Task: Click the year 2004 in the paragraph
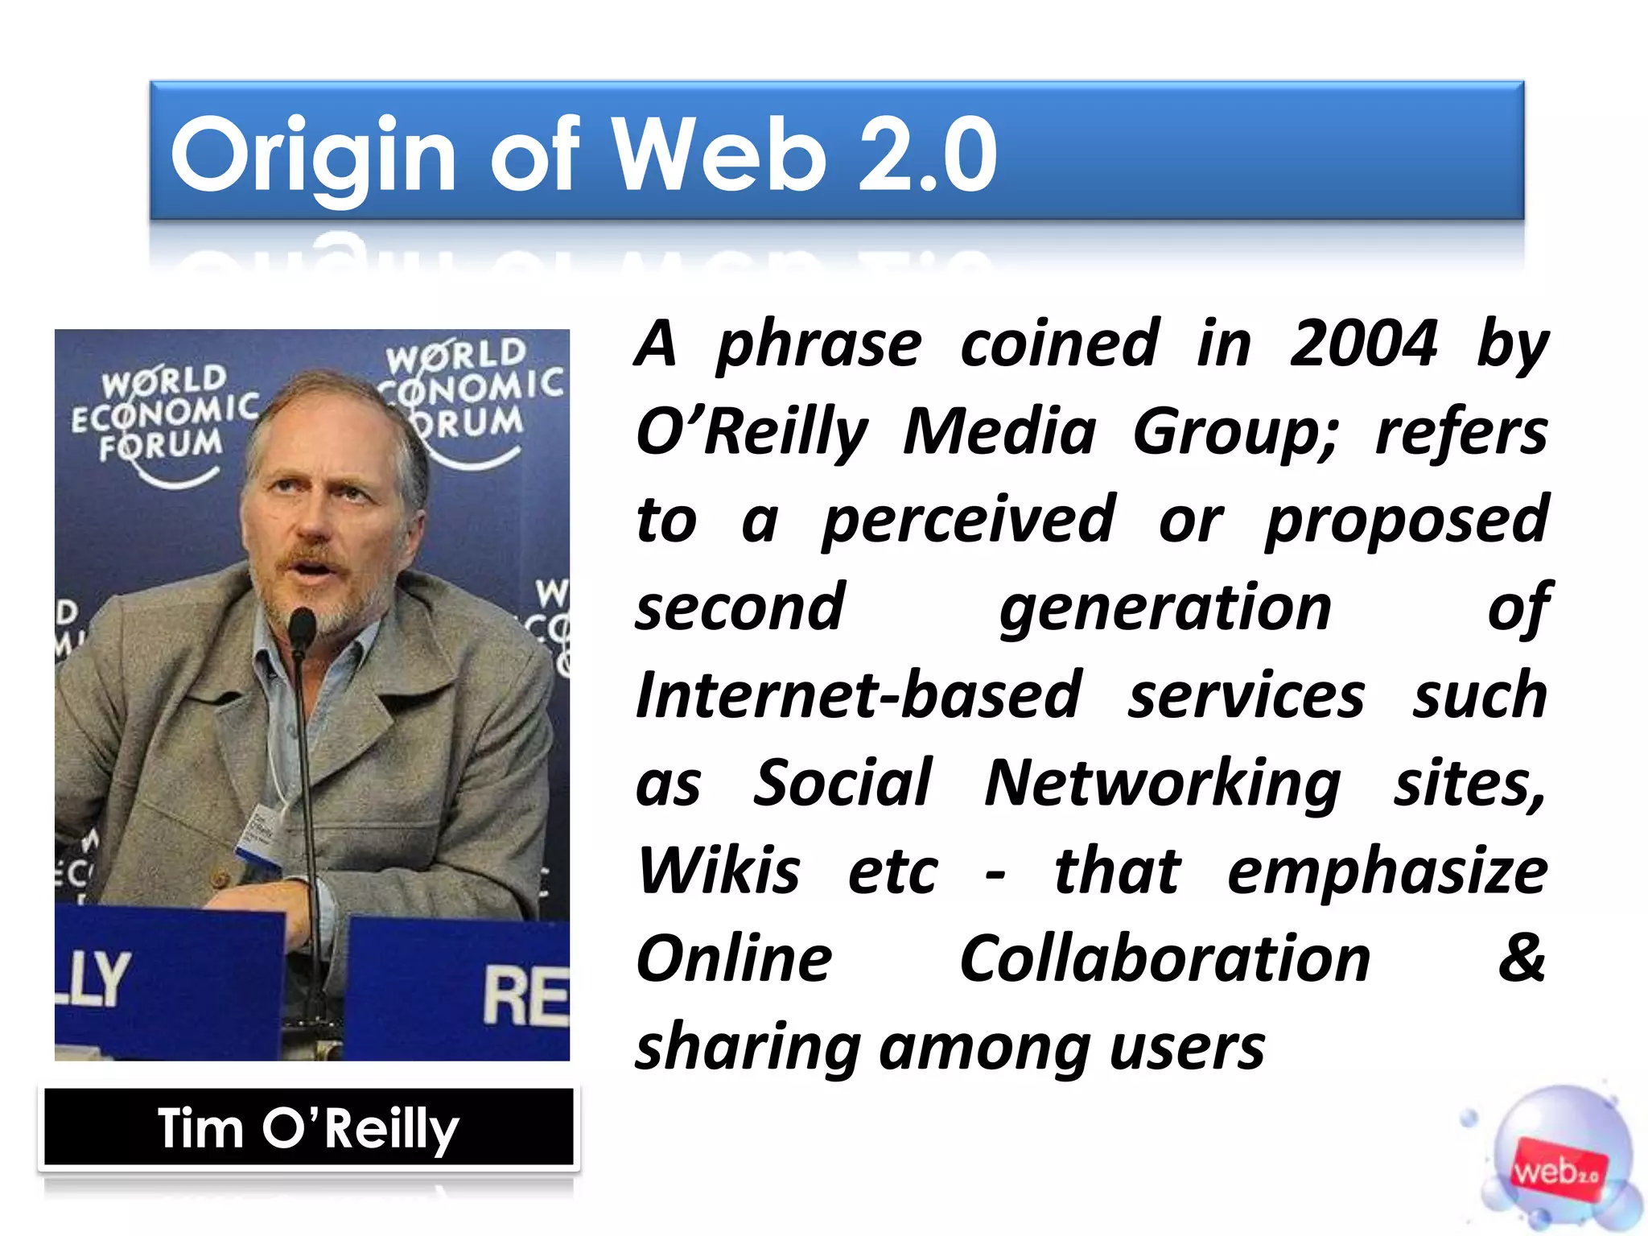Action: tap(1363, 344)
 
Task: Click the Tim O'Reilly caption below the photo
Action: tap(308, 1128)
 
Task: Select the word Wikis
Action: tap(719, 871)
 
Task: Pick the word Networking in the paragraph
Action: tap(1162, 783)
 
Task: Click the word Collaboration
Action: tap(1164, 958)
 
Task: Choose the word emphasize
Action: tap(1386, 871)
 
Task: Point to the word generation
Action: tap(1164, 608)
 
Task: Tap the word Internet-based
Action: tap(859, 695)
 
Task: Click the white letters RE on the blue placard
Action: tap(525, 996)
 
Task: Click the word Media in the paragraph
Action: tap(999, 432)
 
